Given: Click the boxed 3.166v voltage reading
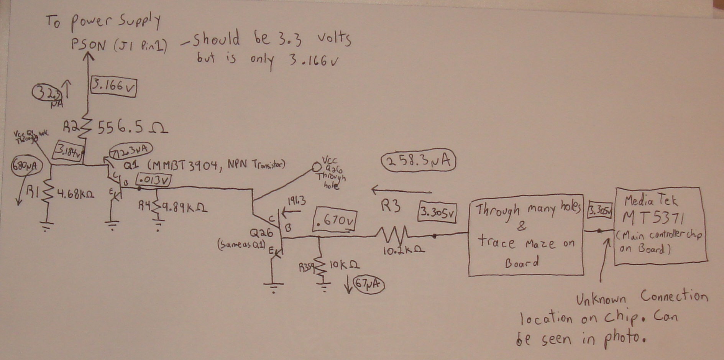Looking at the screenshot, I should pyautogui.click(x=113, y=87).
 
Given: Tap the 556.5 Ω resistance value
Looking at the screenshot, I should pyautogui.click(x=132, y=127).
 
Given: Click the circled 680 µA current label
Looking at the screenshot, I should pyautogui.click(x=26, y=166).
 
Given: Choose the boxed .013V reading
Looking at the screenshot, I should pyautogui.click(x=154, y=180).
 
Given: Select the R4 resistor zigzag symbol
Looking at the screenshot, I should pyautogui.click(x=157, y=207).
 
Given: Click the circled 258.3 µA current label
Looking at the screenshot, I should pyautogui.click(x=419, y=161).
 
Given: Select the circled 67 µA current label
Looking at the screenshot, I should pyautogui.click(x=369, y=284).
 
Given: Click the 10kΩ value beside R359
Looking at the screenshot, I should pyautogui.click(x=344, y=265).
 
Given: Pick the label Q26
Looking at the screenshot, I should pyautogui.click(x=262, y=233).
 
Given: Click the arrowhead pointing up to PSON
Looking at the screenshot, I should pyautogui.click(x=89, y=57).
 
